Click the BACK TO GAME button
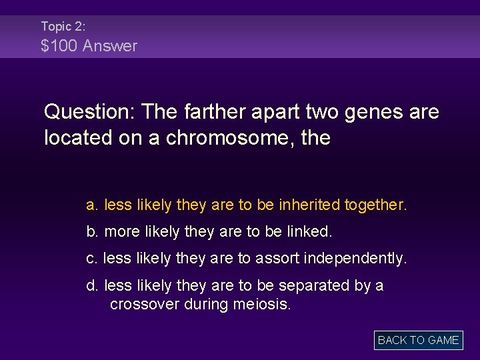pos(418,340)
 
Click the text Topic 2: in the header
pos(63,27)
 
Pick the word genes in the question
pos(374,112)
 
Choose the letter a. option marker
pos(93,205)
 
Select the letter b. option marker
pos(93,232)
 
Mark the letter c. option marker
pos(93,259)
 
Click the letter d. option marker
pos(93,285)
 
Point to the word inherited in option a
pos(309,205)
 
